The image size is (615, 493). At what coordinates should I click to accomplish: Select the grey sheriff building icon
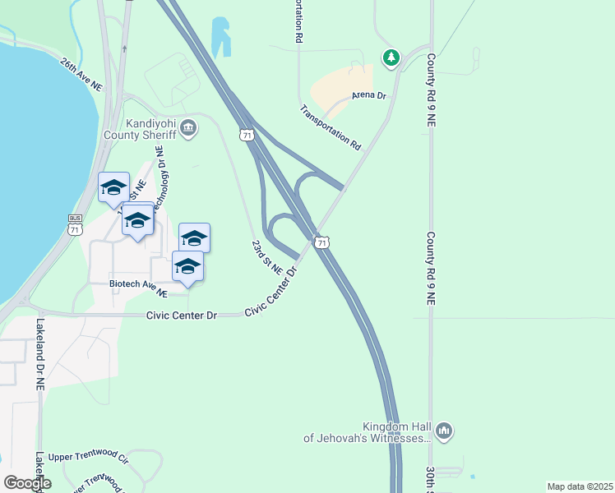click(189, 127)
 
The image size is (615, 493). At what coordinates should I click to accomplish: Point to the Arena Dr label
click(368, 96)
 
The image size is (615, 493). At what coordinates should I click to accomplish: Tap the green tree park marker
click(392, 57)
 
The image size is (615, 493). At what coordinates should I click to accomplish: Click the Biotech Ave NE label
click(139, 288)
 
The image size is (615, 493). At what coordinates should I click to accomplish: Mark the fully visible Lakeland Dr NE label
click(39, 353)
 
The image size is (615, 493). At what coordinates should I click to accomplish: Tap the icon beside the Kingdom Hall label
click(444, 431)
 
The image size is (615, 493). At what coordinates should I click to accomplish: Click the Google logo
click(27, 483)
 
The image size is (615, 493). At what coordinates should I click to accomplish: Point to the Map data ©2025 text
click(579, 486)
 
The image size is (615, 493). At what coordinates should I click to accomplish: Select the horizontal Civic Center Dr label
click(181, 316)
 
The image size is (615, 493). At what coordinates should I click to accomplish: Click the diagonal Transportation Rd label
click(331, 127)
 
